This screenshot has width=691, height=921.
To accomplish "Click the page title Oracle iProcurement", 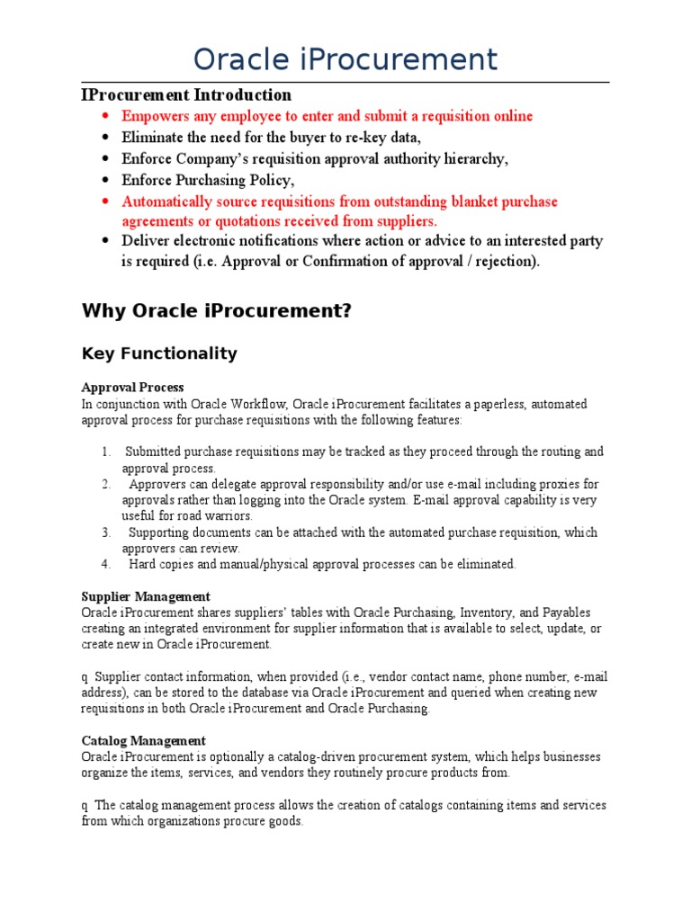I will (x=345, y=59).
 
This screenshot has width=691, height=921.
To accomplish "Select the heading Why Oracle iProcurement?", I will (x=215, y=311).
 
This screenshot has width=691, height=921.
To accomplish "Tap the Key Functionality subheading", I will (x=159, y=353).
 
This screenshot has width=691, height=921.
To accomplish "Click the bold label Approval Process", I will (x=132, y=387).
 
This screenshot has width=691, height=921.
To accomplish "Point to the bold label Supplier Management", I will (x=146, y=596).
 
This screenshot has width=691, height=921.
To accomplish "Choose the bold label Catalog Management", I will (x=143, y=741).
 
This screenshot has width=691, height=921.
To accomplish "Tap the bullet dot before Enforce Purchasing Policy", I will (x=105, y=181).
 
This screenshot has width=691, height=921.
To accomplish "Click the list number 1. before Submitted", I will (x=106, y=452).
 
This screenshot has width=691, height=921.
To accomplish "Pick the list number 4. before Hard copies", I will (x=106, y=565).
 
